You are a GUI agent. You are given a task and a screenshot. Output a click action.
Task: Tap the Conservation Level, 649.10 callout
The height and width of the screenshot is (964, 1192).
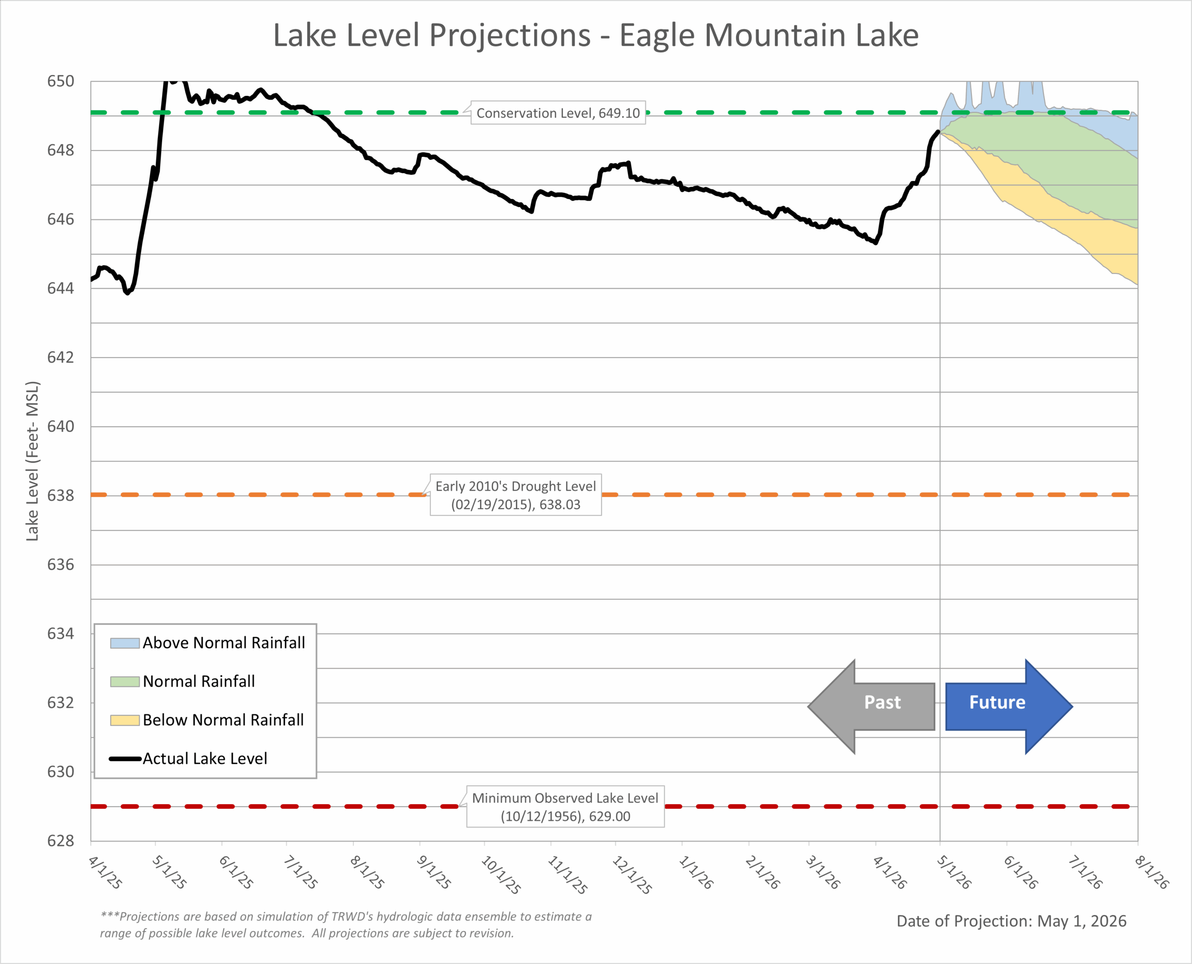click(x=558, y=113)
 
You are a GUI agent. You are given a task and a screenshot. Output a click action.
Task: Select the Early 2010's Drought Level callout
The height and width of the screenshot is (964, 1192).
click(x=516, y=495)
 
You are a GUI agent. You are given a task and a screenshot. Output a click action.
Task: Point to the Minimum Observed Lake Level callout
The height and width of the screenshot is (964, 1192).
click(x=565, y=806)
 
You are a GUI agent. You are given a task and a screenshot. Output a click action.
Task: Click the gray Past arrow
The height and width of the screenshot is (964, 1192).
click(x=871, y=706)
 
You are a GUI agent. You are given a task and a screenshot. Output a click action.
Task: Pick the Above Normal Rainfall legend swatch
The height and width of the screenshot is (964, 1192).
click(x=124, y=643)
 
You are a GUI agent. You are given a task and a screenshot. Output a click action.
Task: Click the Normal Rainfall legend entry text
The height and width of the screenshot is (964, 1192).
click(x=199, y=681)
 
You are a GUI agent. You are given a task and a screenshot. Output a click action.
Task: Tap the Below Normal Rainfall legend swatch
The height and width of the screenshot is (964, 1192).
click(x=124, y=720)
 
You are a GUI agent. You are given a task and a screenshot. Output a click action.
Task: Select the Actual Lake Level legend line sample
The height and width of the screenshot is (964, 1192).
click(x=125, y=759)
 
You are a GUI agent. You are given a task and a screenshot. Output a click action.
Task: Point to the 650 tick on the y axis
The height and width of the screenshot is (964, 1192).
click(x=61, y=81)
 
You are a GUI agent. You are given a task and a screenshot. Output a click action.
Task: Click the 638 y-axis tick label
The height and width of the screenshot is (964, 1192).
click(x=61, y=496)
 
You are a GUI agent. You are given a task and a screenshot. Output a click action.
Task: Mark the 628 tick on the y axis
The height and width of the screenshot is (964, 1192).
click(x=61, y=841)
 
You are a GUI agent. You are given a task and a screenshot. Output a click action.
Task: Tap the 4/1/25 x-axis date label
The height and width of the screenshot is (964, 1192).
click(x=105, y=872)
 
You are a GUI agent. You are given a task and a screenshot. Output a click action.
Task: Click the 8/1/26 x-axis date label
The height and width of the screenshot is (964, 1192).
click(x=1152, y=872)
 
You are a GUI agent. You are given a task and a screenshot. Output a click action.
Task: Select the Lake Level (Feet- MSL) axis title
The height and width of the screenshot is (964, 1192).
click(x=32, y=461)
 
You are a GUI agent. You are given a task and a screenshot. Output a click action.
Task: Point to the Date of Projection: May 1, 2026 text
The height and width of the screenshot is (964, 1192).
click(x=1011, y=921)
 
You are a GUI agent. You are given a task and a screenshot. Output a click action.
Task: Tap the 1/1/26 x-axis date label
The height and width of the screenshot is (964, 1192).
click(x=696, y=872)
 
